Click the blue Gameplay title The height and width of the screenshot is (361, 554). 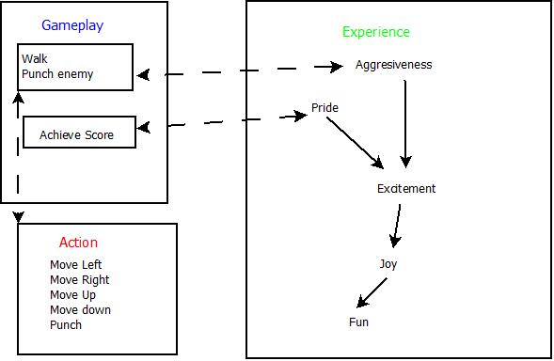(71, 25)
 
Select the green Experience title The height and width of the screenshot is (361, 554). (375, 32)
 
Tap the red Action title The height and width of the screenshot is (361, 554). (78, 243)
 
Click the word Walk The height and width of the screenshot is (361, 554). (34, 58)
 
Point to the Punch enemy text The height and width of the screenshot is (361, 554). (57, 73)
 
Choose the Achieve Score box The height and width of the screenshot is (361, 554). (79, 133)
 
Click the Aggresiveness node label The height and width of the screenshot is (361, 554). (393, 65)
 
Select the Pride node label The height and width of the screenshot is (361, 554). (324, 108)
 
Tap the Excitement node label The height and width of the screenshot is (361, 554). (406, 189)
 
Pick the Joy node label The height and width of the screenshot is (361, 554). (388, 264)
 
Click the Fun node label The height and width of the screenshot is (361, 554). (358, 322)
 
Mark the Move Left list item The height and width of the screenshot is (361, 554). (75, 265)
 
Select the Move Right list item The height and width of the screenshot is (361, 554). (79, 280)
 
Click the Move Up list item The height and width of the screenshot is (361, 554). (73, 295)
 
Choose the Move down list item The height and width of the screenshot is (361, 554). (80, 310)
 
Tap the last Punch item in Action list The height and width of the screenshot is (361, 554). (65, 325)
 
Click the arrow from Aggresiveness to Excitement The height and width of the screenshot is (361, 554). (405, 122)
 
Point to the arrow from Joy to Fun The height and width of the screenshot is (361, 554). (372, 291)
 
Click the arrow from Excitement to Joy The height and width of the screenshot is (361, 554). (397, 226)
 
